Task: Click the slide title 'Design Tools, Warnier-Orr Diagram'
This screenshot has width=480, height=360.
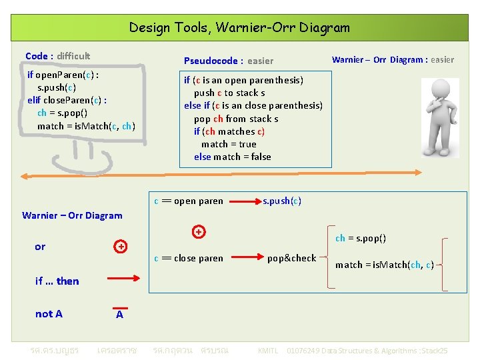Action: pyautogui.click(x=239, y=27)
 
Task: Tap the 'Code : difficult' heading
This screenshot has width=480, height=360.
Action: pyautogui.click(x=57, y=56)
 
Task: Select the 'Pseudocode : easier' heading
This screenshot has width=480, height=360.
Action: pyautogui.click(x=228, y=61)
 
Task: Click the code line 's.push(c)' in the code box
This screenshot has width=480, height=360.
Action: pyautogui.click(x=57, y=87)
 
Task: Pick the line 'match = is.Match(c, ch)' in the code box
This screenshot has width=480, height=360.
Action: pyautogui.click(x=86, y=126)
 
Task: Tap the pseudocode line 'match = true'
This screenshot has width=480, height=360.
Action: pyautogui.click(x=229, y=144)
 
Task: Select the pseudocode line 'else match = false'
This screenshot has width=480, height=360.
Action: pyautogui.click(x=233, y=157)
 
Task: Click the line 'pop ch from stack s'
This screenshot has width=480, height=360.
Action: pyautogui.click(x=236, y=119)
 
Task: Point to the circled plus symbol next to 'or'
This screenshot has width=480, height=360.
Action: pyautogui.click(x=120, y=247)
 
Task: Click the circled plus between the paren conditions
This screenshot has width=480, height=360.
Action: pyautogui.click(x=198, y=232)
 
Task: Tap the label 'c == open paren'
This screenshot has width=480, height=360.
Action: pyautogui.click(x=189, y=201)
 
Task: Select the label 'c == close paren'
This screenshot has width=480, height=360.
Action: pyautogui.click(x=189, y=258)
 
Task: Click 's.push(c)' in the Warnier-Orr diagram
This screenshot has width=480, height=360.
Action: pyautogui.click(x=282, y=201)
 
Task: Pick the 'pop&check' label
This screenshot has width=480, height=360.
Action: pyautogui.click(x=291, y=258)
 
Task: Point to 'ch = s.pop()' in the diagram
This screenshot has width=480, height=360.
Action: pyautogui.click(x=361, y=238)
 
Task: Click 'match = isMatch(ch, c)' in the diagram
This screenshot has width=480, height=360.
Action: pyautogui.click(x=384, y=265)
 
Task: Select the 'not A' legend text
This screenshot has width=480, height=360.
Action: pyautogui.click(x=49, y=314)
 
